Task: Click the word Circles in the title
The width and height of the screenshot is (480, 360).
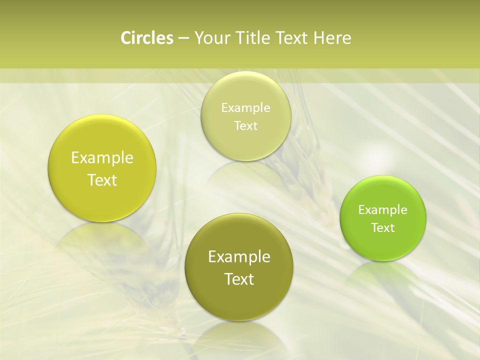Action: pos(147,38)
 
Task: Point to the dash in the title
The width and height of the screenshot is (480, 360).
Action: pos(183,38)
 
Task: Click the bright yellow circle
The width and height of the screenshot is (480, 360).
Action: pos(102,168)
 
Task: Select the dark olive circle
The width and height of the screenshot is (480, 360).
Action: pos(239,267)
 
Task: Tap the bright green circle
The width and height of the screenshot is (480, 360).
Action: pos(383,218)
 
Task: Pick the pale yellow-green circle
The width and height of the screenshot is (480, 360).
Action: pos(246,116)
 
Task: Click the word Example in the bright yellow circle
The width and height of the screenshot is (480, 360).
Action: pos(102,158)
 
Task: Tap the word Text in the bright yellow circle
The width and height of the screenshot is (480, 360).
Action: pos(102,180)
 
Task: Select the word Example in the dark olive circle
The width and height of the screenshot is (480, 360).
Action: pos(239,257)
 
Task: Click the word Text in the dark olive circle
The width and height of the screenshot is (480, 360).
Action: pos(239,279)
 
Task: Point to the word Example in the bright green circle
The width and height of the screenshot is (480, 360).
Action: pos(383,210)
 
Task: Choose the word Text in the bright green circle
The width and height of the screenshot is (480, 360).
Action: pos(383,228)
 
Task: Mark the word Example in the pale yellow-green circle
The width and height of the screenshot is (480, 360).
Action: pos(246,108)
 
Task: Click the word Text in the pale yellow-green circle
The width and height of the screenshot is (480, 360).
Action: pos(246,126)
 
